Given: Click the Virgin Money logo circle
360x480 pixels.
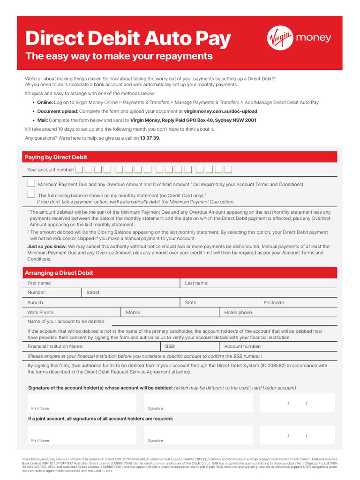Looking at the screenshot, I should tap(280, 38).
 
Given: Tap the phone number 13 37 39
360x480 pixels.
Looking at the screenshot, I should tap(150, 138).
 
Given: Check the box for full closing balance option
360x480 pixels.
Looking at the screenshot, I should tap(31, 195).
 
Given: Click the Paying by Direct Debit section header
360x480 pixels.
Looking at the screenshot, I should tap(56, 157).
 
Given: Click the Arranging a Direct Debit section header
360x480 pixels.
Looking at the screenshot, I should tap(59, 273).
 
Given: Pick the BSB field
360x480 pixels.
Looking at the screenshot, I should tap(197, 346).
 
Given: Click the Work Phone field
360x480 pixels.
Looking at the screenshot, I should tap(84, 312).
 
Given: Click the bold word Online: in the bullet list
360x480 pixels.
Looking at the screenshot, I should tap(45, 102).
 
